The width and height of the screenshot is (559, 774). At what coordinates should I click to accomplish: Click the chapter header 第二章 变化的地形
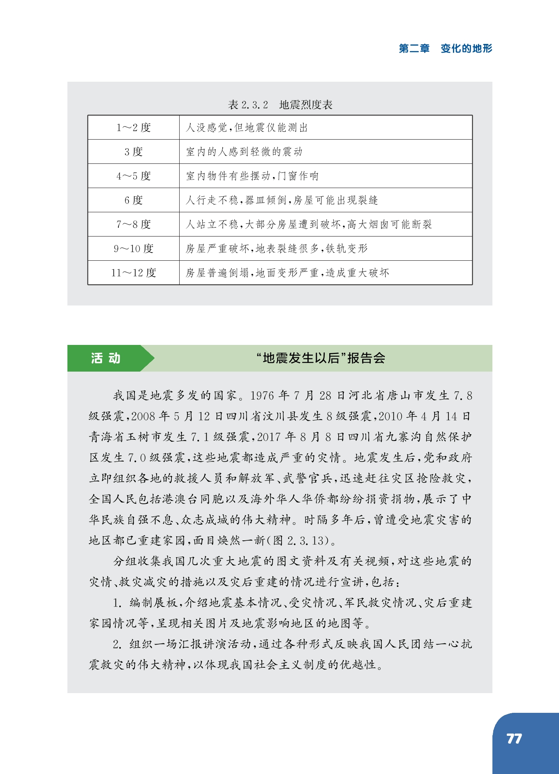(445, 48)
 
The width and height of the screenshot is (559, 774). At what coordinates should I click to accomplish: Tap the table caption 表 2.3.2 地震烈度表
(280, 105)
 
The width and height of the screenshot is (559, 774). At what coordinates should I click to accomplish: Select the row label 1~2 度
(134, 128)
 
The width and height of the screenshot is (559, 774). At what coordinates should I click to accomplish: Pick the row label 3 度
(134, 152)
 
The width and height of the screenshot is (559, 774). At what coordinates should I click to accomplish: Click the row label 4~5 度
(134, 176)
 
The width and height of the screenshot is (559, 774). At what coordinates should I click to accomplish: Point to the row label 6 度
(134, 200)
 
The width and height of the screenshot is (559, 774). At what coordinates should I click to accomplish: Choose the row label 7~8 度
(134, 225)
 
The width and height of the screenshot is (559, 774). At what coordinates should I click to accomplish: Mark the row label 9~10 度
(134, 249)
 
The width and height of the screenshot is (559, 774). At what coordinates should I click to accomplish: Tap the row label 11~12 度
(134, 273)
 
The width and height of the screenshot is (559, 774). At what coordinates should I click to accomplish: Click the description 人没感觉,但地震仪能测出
(247, 128)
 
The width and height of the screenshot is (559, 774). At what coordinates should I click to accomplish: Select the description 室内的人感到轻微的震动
(244, 152)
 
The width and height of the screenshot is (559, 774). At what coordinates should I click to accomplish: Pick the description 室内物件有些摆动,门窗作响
(252, 176)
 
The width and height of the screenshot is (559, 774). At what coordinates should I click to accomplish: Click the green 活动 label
(106, 358)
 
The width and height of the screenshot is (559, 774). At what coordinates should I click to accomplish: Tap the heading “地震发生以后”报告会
(321, 358)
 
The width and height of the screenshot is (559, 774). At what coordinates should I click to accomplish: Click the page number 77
(514, 739)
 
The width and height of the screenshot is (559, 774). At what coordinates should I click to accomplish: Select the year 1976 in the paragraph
(261, 396)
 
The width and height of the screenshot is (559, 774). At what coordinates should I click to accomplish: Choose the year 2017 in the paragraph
(269, 437)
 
